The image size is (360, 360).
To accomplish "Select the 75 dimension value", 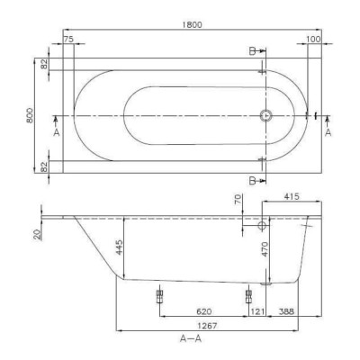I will click(69, 39).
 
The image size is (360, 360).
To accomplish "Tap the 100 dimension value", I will click(311, 39).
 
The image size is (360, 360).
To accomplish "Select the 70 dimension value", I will click(238, 201).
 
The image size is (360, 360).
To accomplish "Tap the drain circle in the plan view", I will click(265, 115).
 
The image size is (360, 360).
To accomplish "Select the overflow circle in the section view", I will click(262, 228).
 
